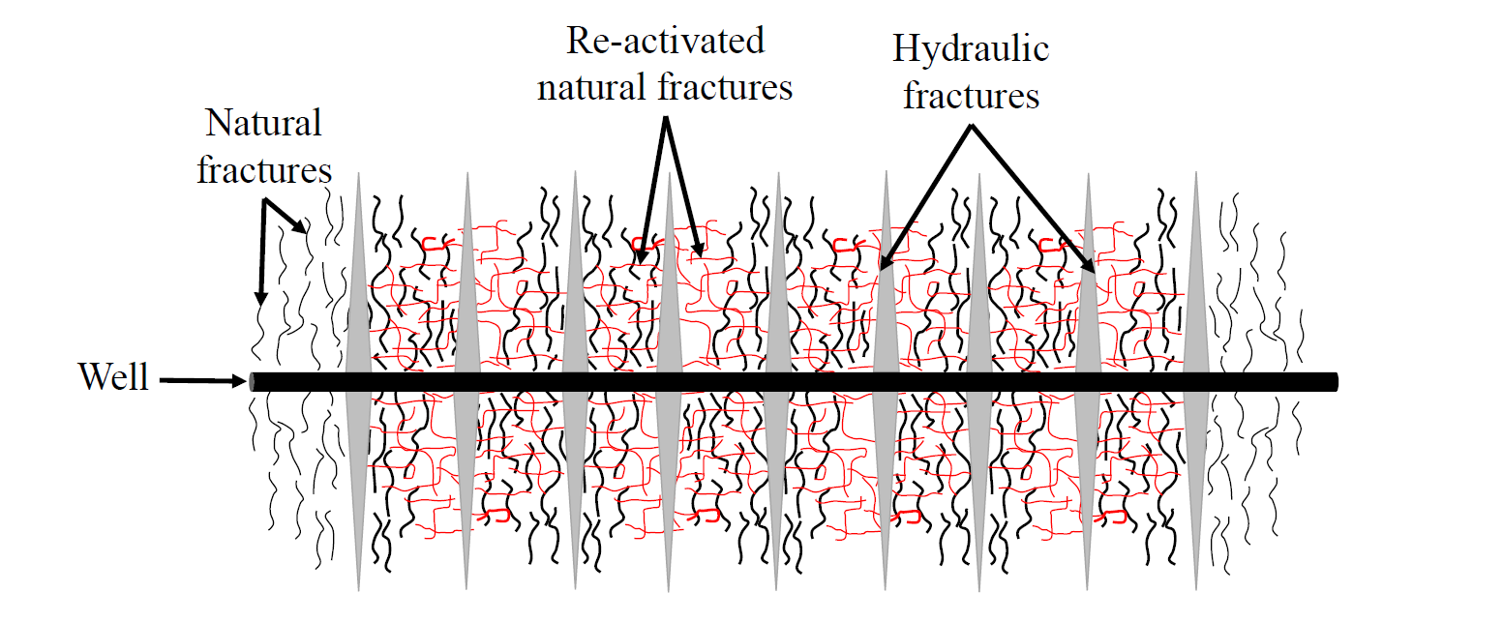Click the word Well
(113, 376)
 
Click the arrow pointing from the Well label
(203, 381)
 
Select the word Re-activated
(665, 41)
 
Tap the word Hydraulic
(971, 49)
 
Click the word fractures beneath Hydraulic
(971, 95)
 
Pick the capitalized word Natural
(263, 123)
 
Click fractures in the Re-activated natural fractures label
(725, 88)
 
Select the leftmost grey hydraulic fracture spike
(358, 381)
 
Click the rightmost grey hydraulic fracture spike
(1195, 381)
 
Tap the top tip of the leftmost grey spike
(358, 172)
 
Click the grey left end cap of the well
(252, 382)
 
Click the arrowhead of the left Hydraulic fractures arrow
(886, 262)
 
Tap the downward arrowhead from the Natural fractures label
(260, 299)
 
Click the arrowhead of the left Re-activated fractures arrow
(642, 254)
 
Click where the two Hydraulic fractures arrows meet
(971, 127)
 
